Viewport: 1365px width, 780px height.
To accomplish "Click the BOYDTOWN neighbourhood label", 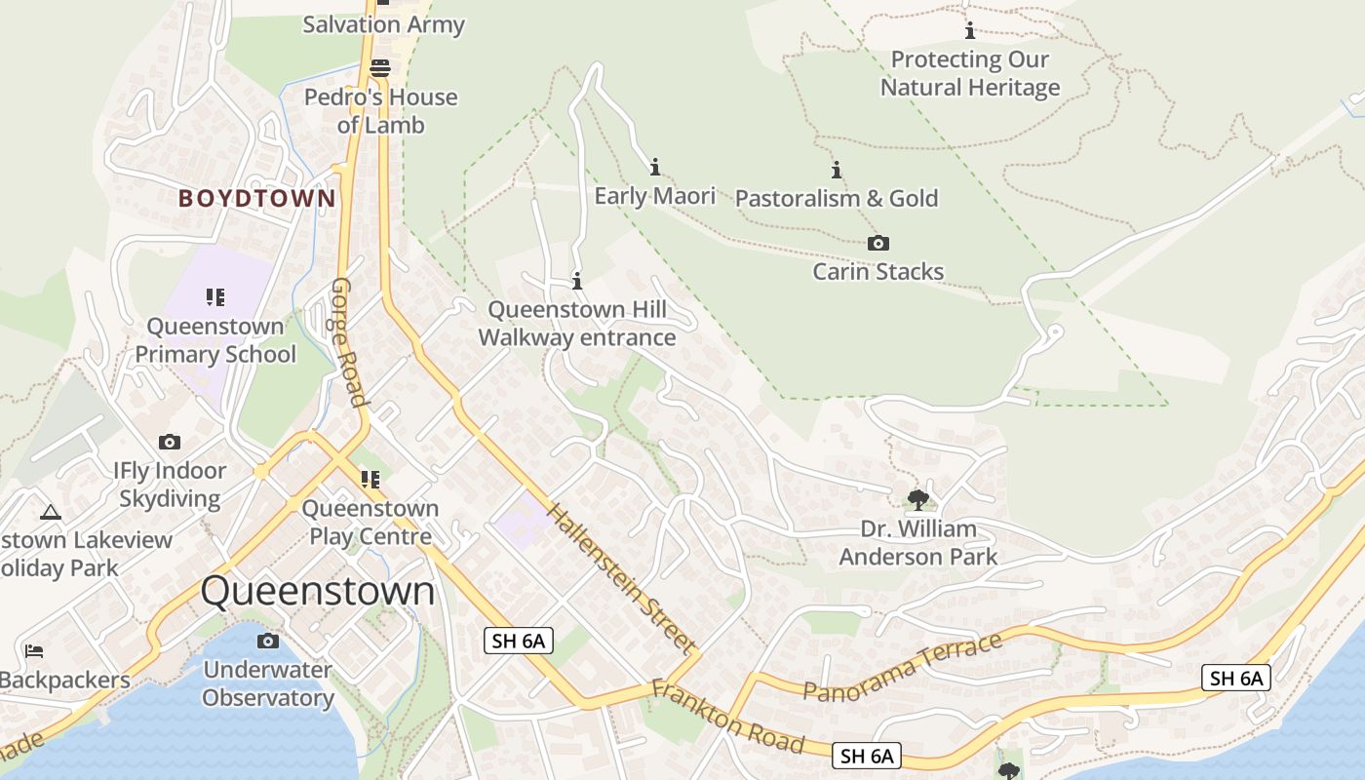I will tap(256, 199).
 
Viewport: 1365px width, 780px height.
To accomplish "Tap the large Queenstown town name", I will tap(318, 592).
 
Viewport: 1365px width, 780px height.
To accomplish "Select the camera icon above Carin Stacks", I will tap(878, 244).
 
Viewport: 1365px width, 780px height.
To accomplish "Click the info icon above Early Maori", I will tap(655, 167).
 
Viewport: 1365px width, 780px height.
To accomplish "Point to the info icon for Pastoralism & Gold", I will tap(836, 170).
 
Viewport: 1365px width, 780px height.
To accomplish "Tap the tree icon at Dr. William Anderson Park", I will tap(917, 500).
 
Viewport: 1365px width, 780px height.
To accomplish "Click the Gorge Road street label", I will tap(349, 341).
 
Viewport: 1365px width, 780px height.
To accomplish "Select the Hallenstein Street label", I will tap(621, 578).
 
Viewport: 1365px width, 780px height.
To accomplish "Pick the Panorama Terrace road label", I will tap(902, 667).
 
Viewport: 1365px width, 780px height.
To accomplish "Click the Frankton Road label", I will tap(728, 718).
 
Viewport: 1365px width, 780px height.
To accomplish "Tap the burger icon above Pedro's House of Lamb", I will tap(380, 68).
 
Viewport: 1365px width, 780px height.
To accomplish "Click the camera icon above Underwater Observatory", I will tap(267, 641).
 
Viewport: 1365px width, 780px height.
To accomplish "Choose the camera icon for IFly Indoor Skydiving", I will tap(170, 442).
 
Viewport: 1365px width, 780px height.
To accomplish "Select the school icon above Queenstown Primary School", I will tap(215, 297).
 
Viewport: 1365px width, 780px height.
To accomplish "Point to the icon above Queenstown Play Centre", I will tap(370, 479).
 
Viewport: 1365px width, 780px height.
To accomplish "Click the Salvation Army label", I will tap(383, 25).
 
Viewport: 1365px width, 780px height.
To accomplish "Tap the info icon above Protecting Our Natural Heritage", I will tap(969, 31).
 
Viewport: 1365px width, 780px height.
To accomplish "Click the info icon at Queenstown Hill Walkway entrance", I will tap(577, 281).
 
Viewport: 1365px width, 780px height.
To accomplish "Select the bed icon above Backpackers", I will tap(34, 650).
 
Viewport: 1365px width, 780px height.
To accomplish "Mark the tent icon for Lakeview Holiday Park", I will tap(51, 512).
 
